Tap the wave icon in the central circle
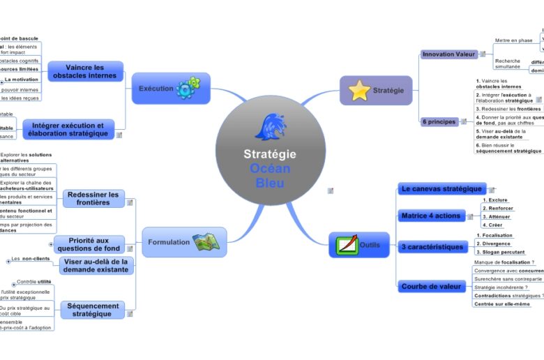(270, 126)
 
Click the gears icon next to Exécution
(188, 88)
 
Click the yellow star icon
(359, 91)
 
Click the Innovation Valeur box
(448, 54)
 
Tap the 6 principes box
(439, 121)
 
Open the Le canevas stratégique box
(442, 188)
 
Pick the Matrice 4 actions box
(431, 216)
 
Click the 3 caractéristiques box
(432, 246)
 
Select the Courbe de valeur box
(432, 286)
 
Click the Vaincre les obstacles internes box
(85, 71)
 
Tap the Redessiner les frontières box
(94, 198)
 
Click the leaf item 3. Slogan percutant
(500, 251)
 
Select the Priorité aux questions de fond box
(89, 244)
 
